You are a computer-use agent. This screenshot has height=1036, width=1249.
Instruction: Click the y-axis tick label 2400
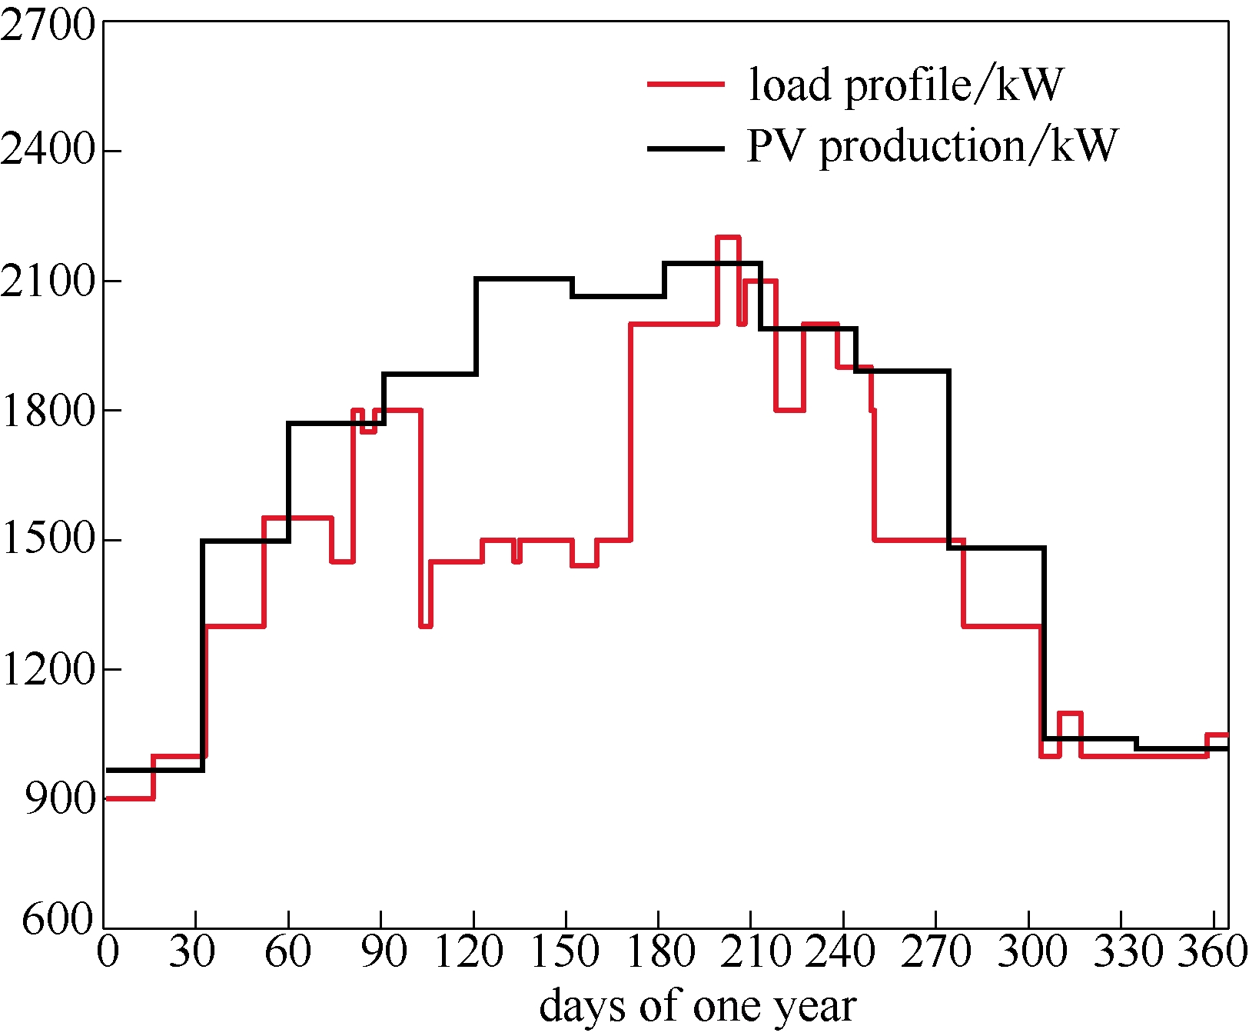point(48,149)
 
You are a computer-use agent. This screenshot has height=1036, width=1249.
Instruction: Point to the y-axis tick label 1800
point(48,409)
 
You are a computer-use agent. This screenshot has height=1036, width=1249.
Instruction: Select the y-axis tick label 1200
point(48,669)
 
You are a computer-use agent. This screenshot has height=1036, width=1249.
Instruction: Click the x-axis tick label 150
point(565,951)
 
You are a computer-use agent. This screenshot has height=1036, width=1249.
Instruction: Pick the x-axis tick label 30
point(192,951)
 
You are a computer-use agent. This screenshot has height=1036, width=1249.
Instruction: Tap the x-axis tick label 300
point(1031,951)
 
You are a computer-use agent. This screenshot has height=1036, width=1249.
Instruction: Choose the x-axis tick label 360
point(1213,951)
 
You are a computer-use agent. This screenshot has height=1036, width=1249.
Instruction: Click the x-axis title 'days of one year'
point(697,1005)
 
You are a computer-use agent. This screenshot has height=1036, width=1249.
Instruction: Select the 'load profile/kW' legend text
point(905,84)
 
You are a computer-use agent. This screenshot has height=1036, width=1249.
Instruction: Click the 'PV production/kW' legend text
point(932,145)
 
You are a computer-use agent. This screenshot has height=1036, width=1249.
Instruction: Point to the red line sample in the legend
point(686,84)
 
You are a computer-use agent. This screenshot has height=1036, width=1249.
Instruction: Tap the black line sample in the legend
point(686,148)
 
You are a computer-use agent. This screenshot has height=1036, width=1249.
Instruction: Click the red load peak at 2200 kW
point(728,238)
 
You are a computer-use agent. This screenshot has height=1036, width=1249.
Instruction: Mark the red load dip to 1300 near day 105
point(426,626)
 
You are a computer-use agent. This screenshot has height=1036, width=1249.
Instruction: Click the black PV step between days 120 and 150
point(524,278)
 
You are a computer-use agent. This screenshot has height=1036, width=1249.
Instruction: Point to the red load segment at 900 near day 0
point(129,798)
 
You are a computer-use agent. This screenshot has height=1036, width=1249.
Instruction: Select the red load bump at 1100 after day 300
point(1070,714)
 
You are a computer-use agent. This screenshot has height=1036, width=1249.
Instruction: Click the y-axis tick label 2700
point(48,25)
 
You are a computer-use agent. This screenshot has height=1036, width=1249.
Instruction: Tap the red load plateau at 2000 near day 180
point(673,324)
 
